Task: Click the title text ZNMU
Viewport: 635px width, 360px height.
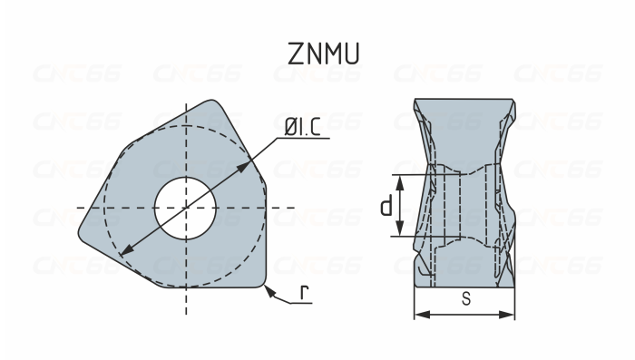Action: point(323,54)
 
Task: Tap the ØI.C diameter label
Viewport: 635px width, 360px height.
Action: point(302,128)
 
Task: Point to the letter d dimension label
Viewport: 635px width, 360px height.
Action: point(386,207)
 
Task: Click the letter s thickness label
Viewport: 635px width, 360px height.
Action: point(465,299)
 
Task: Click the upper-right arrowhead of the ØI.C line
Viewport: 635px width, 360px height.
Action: point(249,164)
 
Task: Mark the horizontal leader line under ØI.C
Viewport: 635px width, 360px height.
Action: point(302,140)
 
